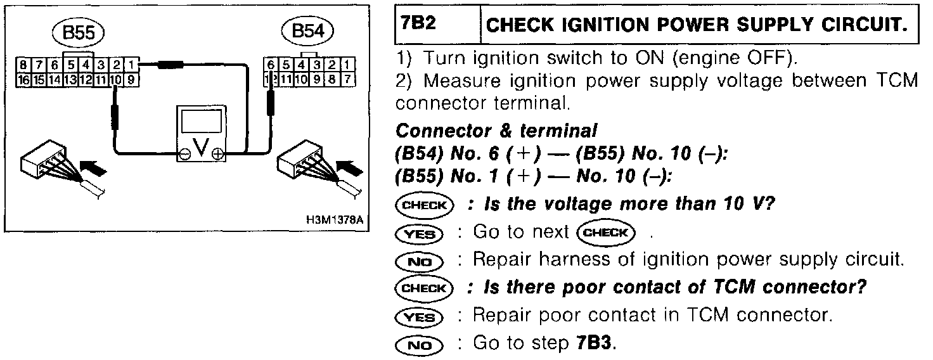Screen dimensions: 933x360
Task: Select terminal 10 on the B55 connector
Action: point(116,80)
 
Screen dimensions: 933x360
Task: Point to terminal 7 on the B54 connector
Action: point(347,80)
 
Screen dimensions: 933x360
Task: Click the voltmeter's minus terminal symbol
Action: point(183,153)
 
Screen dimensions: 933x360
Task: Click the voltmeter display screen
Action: point(200,121)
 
